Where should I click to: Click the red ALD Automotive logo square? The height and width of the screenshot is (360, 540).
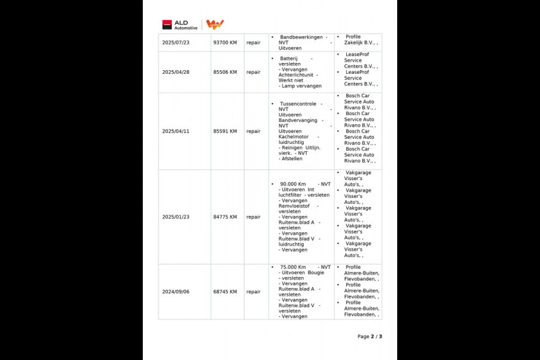(x=167, y=25)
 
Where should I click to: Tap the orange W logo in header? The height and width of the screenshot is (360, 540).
(x=215, y=24)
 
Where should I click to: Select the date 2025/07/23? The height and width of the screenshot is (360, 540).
(x=176, y=43)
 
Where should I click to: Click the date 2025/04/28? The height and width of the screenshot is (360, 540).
(x=176, y=72)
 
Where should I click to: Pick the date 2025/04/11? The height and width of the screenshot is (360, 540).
(x=176, y=131)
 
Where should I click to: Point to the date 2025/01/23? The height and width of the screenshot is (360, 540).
(x=176, y=217)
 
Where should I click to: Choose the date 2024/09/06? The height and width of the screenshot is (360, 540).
(x=176, y=292)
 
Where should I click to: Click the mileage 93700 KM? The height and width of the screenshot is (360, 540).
(x=225, y=43)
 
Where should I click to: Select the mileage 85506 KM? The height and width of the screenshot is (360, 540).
(x=225, y=72)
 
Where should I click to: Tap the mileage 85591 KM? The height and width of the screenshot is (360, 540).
(x=225, y=131)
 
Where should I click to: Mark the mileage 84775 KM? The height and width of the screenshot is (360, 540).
(x=225, y=217)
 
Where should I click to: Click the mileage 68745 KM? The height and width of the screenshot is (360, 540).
(x=225, y=292)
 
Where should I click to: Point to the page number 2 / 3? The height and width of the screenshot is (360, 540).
(x=370, y=337)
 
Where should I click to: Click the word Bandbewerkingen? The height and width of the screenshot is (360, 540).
(x=301, y=37)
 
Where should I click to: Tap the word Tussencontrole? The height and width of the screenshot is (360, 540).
(x=298, y=104)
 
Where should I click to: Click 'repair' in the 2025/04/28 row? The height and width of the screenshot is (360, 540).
(x=253, y=72)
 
